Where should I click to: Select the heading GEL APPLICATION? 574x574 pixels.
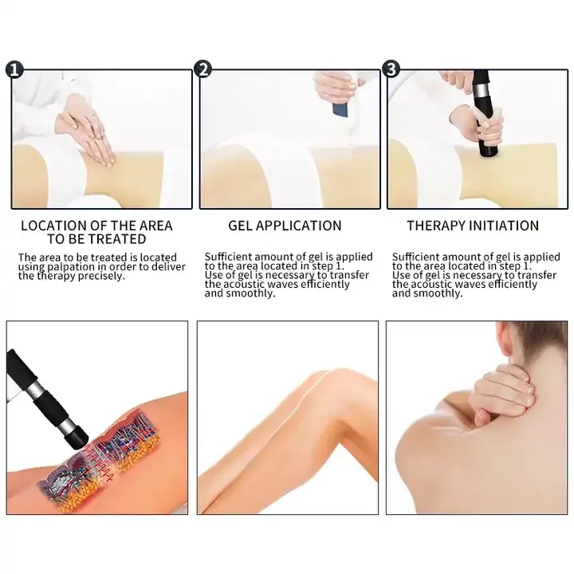(x=285, y=226)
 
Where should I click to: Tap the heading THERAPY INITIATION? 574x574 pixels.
(x=473, y=226)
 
